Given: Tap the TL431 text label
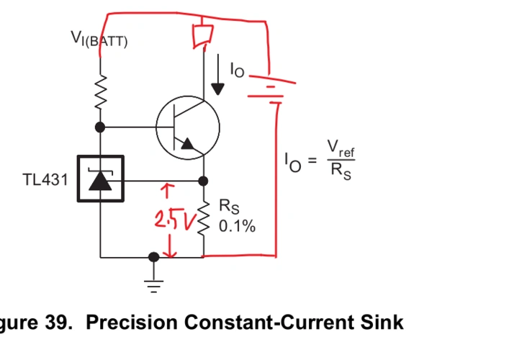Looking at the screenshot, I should (45, 179).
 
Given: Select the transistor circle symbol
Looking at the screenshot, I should (187, 128).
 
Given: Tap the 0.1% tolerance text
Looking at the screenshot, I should (237, 227).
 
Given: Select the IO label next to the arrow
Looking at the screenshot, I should (237, 69).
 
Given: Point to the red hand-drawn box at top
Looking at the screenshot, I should (201, 36).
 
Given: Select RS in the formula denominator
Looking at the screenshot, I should (341, 171).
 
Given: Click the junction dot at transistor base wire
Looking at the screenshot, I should (101, 127).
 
